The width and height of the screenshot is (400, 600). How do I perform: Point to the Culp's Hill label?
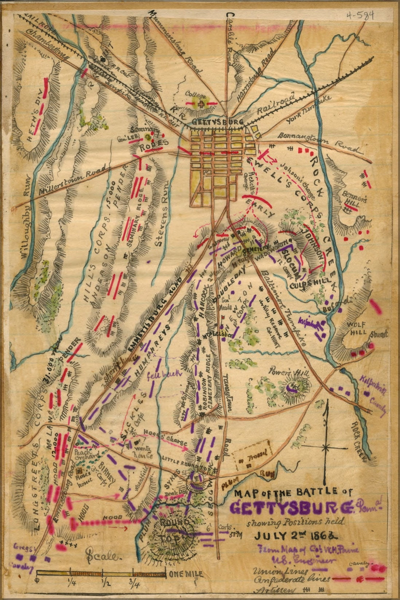(x=310, y=282)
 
